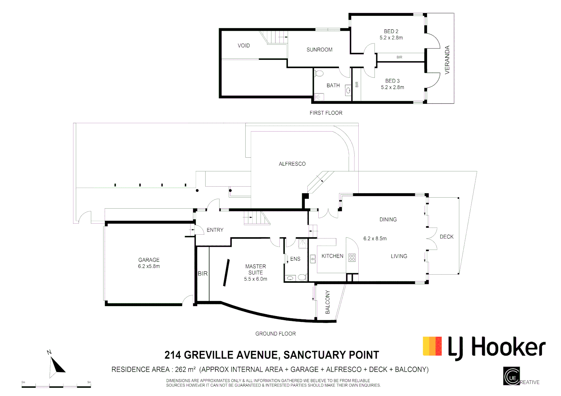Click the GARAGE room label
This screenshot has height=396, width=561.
(149, 260)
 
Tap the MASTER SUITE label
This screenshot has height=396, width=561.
(256, 269)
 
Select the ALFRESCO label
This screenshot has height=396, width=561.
(292, 164)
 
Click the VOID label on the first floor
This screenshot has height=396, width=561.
(243, 45)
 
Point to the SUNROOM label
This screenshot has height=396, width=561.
(319, 49)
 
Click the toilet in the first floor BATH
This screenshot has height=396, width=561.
(319, 73)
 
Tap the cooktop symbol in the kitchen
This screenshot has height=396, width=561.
(352, 257)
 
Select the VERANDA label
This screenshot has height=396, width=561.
(447, 60)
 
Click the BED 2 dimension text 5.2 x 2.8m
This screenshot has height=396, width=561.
(391, 38)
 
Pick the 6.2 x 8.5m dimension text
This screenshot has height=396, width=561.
(375, 238)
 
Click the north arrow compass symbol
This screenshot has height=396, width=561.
(55, 366)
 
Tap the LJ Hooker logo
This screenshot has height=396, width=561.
(484, 347)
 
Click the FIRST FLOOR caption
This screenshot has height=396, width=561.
(326, 113)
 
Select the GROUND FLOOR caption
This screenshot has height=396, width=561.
(275, 334)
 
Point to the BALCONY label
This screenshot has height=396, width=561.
(327, 302)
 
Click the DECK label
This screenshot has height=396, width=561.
(446, 237)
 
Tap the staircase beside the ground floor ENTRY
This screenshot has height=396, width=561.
(256, 219)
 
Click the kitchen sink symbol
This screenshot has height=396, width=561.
(312, 259)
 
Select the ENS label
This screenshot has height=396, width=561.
(295, 259)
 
